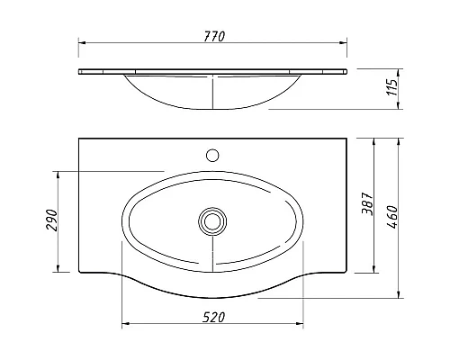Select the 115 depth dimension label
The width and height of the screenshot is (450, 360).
392,88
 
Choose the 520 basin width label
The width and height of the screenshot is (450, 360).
213,318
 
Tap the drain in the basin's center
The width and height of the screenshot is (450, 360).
213,219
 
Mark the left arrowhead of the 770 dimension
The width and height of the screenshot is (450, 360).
82,42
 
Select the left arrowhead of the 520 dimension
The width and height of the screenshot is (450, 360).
124,325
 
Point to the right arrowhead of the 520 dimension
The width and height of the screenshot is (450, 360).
303,325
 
